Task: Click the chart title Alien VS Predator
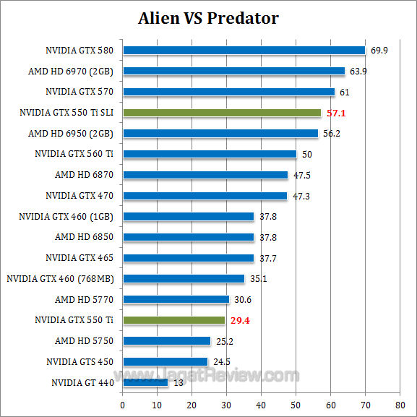[x=208, y=17]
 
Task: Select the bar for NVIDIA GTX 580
[x=244, y=51]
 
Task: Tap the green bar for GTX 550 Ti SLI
[x=222, y=113]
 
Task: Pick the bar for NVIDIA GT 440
[x=145, y=382]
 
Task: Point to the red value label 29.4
[x=241, y=319]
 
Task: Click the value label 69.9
[x=380, y=51]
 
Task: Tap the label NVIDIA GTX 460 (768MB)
[x=60, y=278]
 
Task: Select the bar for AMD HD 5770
[x=176, y=299]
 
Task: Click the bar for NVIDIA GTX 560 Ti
[x=210, y=154]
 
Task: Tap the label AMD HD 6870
[x=85, y=175]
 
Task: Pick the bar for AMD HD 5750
[x=166, y=340]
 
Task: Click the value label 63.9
[x=359, y=71]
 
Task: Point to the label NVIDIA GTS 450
[x=80, y=361]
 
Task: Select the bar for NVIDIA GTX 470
[x=205, y=195]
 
